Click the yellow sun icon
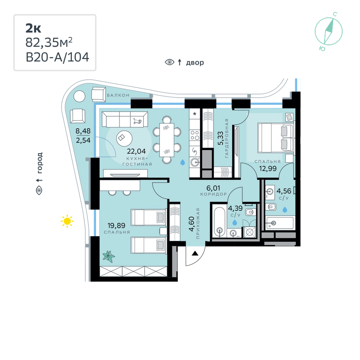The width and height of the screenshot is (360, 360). (67, 221)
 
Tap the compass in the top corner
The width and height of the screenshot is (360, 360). (329, 31)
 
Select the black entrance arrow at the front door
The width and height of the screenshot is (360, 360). (195, 253)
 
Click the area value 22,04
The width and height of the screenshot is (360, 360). (137, 151)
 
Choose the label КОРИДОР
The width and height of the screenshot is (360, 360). (214, 194)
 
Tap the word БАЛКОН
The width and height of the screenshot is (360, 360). (118, 95)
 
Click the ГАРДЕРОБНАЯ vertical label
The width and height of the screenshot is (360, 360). (227, 138)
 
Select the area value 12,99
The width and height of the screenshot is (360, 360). (268, 169)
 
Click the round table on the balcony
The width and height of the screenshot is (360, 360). (79, 96)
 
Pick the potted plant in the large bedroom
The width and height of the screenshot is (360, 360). (109, 256)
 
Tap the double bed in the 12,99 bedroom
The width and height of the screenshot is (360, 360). (276, 138)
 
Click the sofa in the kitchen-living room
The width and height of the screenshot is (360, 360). (125, 119)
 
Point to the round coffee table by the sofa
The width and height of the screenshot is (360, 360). (124, 139)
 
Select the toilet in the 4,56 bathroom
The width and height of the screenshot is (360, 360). (271, 207)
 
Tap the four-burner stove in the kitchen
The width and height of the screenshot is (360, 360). (195, 135)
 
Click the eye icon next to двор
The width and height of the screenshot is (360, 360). (169, 62)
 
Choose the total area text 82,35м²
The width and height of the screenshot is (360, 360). (49, 42)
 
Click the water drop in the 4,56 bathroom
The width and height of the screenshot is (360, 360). (285, 210)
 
